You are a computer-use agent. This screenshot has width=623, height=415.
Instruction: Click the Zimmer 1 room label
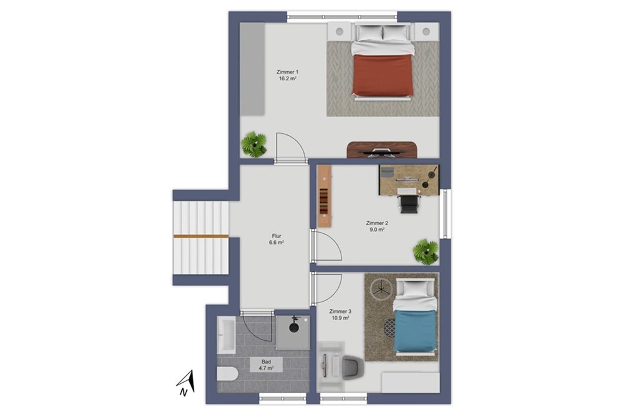coord(287,75)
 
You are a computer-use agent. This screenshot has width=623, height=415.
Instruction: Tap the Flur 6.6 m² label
coord(276,240)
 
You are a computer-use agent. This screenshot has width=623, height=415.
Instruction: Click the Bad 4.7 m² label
coord(266,365)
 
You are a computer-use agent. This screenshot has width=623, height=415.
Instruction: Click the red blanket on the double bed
coord(383,75)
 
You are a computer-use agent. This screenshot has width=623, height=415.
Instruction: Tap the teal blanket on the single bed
coord(415,330)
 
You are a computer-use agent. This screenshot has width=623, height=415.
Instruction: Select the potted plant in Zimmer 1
coord(254,144)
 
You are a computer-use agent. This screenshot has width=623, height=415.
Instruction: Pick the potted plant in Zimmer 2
coord(426,251)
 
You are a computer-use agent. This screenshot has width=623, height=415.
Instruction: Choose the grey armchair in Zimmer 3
coord(353,368)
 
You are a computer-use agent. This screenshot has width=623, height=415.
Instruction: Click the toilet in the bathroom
coord(227,374)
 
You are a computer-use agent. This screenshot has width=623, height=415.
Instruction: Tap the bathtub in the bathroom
coord(226,334)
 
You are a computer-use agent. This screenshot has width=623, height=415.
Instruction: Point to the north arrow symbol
coord(186,383)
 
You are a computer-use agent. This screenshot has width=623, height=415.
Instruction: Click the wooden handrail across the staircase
coord(201,236)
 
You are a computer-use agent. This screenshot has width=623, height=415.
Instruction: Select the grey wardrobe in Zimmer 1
coord(252,69)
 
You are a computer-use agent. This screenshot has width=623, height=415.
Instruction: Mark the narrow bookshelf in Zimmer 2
coord(324,197)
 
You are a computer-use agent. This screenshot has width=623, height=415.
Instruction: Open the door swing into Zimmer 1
coord(291,147)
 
